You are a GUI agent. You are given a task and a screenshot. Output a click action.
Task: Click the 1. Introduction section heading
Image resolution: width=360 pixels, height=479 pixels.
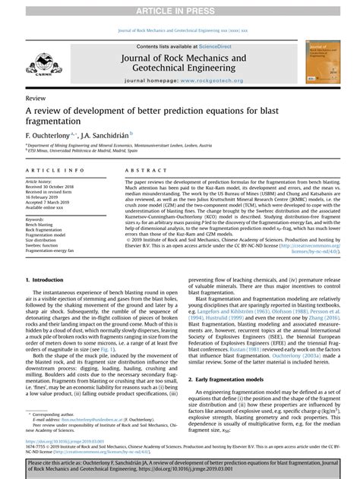pyautogui.click(x=49, y=280)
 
